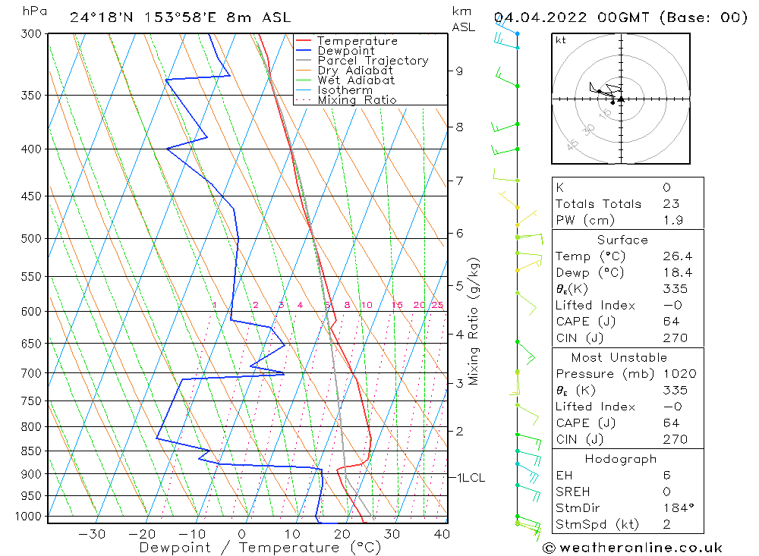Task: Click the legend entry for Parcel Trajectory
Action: tap(373, 61)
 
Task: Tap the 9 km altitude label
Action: tap(459, 71)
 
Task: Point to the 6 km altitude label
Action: tap(459, 233)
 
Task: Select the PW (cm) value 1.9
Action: tap(672, 220)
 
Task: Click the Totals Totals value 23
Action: tap(670, 203)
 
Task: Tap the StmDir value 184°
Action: tap(675, 508)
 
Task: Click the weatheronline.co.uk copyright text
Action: tap(633, 548)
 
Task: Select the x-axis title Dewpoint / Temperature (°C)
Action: tap(260, 546)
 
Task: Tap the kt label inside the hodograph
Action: tap(560, 40)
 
